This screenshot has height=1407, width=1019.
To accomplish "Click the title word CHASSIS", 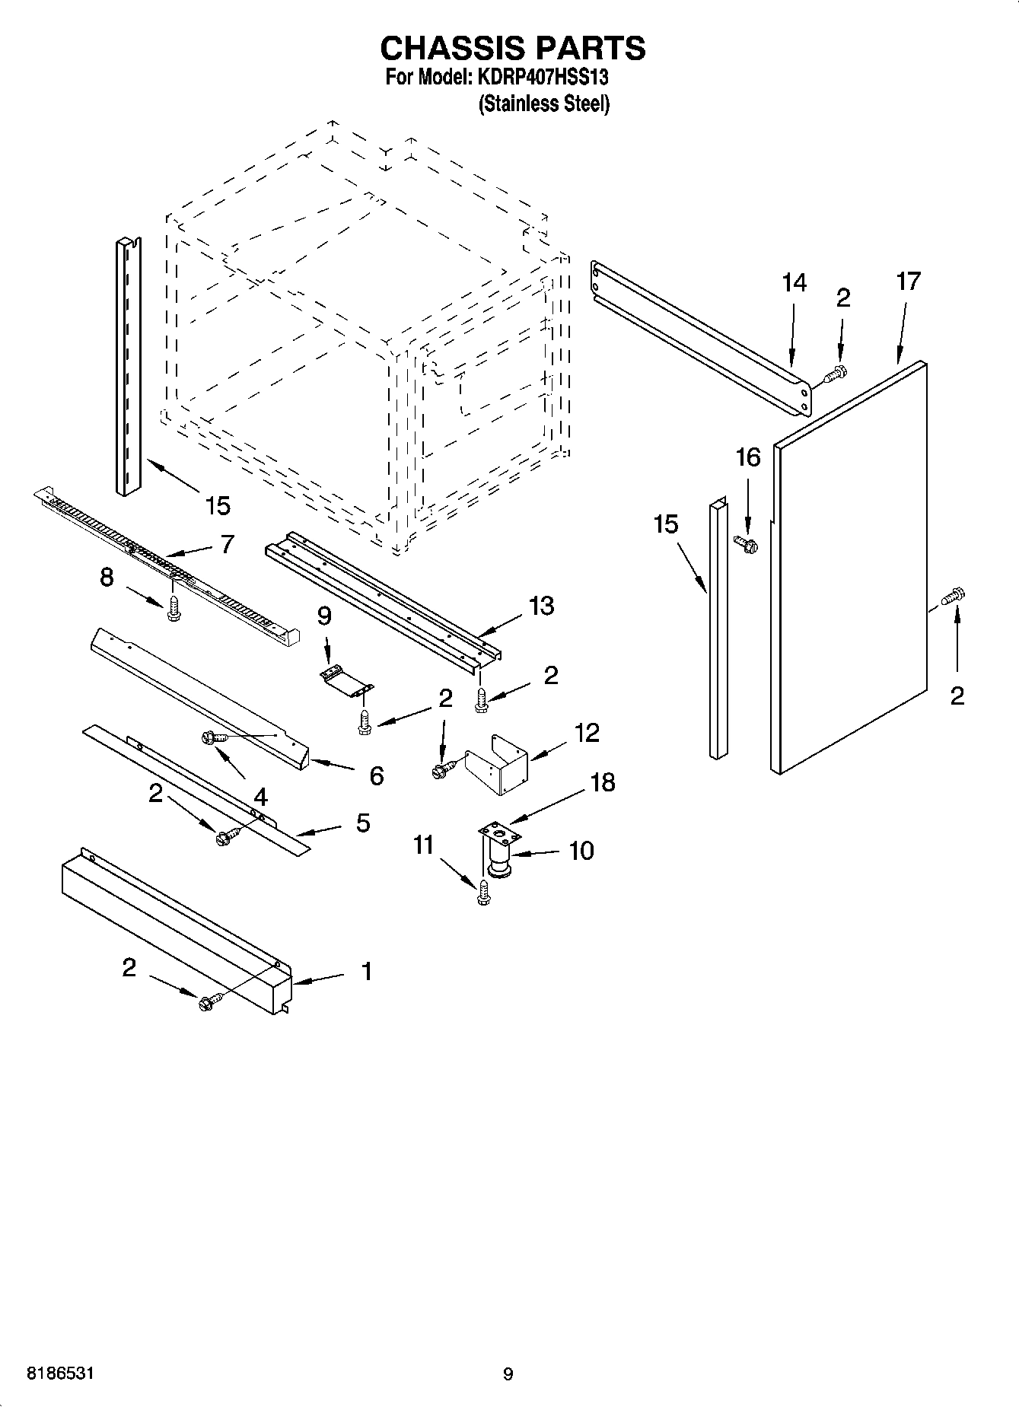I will click(x=450, y=48).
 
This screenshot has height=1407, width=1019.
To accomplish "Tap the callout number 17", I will click(x=908, y=281).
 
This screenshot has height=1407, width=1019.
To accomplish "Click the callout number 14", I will click(x=794, y=282).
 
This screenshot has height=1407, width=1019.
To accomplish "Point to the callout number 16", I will click(x=747, y=457).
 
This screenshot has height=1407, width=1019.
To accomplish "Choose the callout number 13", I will click(x=542, y=606).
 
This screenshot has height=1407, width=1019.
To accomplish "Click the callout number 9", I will click(x=324, y=615).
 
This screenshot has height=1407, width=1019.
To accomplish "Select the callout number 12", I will click(x=587, y=733).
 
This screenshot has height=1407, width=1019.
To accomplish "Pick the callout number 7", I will click(x=227, y=544).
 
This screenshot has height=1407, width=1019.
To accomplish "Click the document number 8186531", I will click(x=61, y=1374).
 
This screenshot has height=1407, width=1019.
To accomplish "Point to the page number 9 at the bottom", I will click(x=508, y=1374).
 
